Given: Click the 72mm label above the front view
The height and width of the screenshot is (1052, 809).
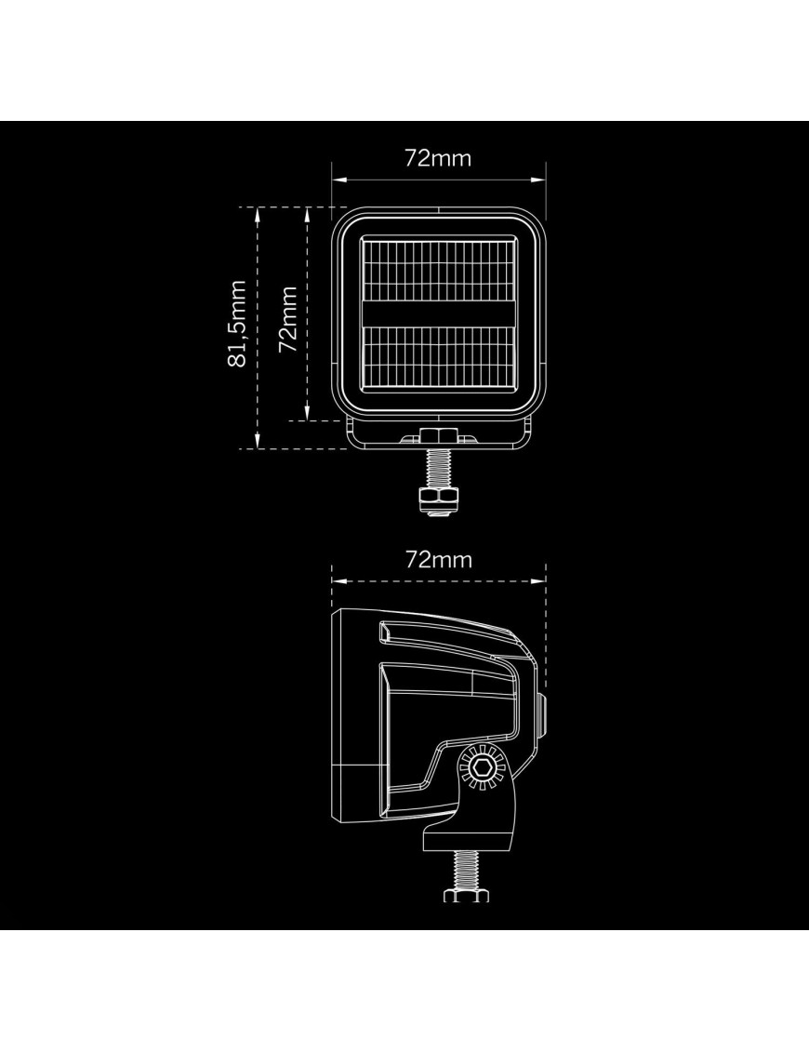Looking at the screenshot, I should [438, 158].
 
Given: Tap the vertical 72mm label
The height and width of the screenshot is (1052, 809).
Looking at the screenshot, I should [288, 319].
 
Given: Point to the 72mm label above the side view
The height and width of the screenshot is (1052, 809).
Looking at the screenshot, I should [438, 559].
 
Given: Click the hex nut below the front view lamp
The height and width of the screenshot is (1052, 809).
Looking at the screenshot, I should [436, 499].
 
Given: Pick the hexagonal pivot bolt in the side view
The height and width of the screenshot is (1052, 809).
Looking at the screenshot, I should [483, 766].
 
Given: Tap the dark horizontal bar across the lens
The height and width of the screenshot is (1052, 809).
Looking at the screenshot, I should [438, 313].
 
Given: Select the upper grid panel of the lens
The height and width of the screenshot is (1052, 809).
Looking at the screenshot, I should [438, 269].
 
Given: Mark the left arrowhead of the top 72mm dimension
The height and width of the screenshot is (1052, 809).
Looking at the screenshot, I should [337, 180].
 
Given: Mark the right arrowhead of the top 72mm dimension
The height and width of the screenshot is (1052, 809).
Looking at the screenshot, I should [540, 180].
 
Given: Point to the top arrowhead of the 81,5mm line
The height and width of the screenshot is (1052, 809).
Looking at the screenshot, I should [258, 211].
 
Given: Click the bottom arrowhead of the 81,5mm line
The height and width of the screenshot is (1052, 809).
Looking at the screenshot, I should [258, 444].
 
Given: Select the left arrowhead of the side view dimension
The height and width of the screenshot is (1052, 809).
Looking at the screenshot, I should [337, 580].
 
